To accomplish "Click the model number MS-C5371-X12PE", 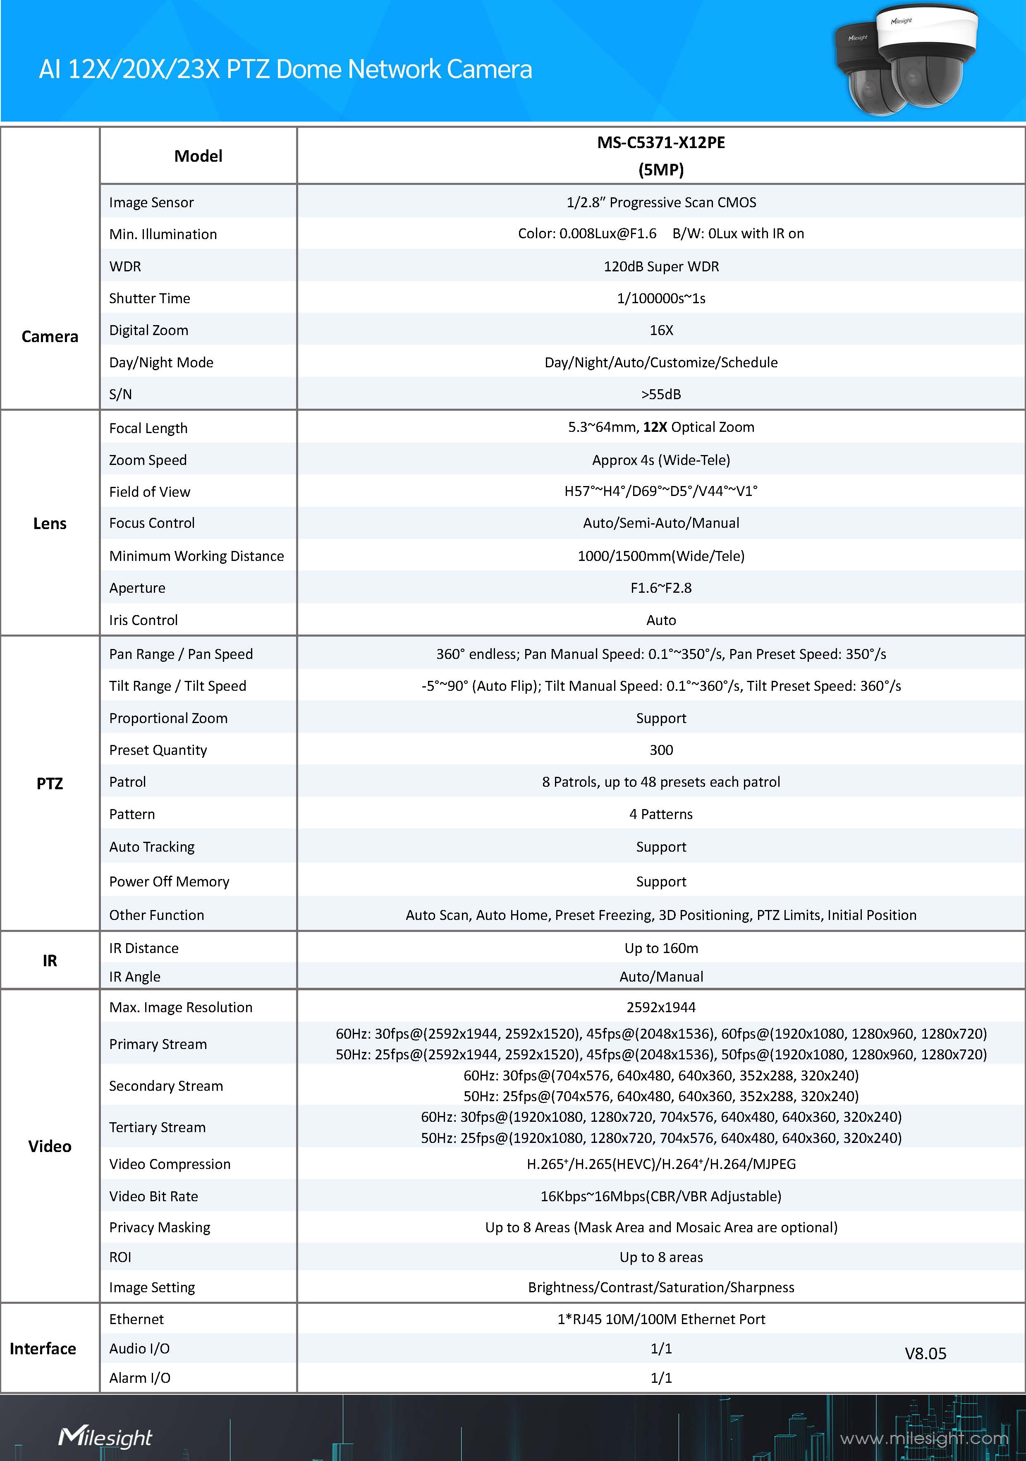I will [x=660, y=143].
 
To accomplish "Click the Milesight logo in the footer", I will [x=105, y=1437].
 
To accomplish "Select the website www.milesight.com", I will [x=923, y=1438].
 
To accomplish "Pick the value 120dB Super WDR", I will [x=661, y=267].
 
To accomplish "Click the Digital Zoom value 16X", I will [x=661, y=330].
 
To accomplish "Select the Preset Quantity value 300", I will [x=661, y=750].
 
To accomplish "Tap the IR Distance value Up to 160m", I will [x=661, y=948].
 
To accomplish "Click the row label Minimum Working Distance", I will [x=196, y=556].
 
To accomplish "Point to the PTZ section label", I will [x=50, y=783].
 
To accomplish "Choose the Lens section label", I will [x=50, y=524].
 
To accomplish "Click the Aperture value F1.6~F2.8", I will [x=661, y=588].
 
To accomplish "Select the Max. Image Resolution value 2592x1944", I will [x=661, y=1007].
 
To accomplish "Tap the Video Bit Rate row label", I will [x=153, y=1196].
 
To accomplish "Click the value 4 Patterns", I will [x=661, y=814].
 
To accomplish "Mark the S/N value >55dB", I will [x=661, y=395].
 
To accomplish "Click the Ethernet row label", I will [x=136, y=1319].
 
